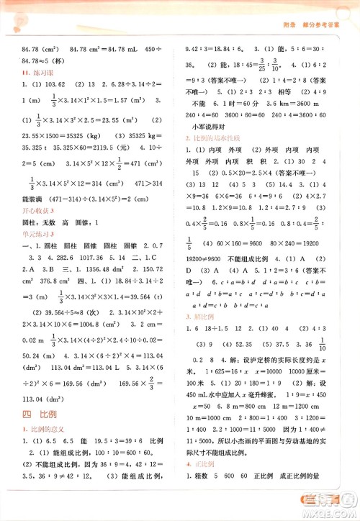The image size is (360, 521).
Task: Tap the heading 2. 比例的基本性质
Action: (216, 137)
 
